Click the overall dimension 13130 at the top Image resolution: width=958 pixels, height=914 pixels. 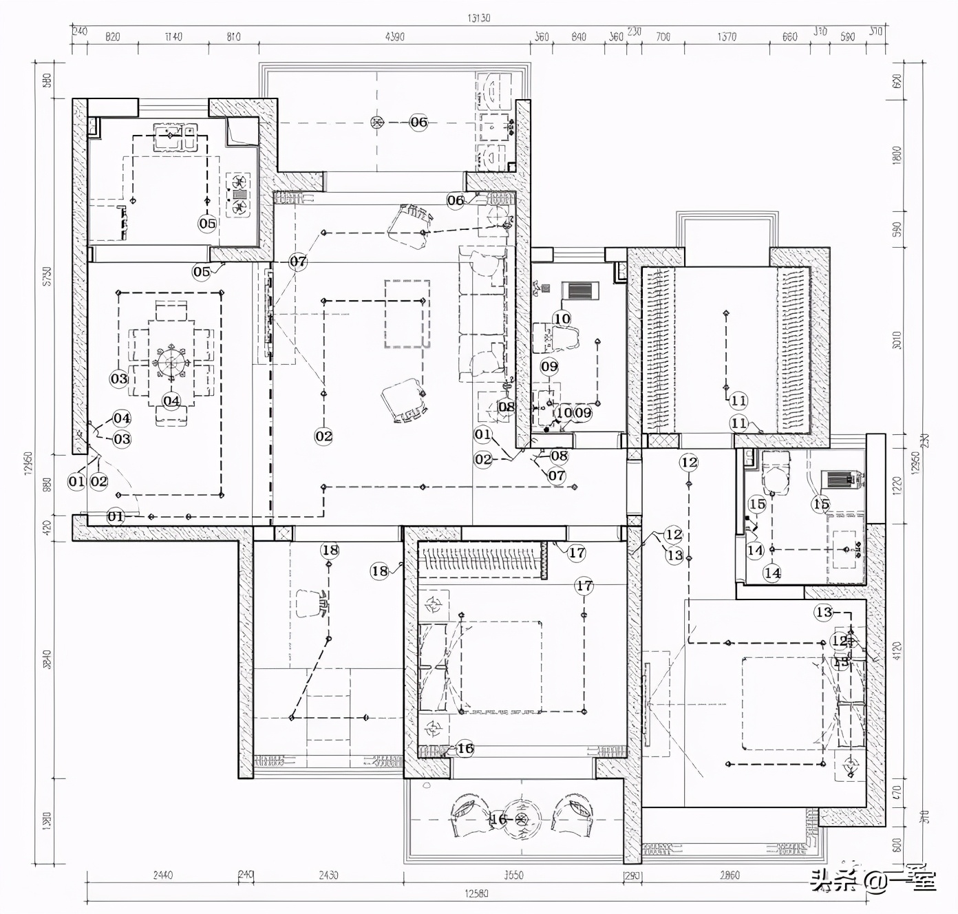coord(478,18)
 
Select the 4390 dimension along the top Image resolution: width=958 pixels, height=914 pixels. coord(394,36)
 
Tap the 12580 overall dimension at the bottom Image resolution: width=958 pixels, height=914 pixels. coord(476,893)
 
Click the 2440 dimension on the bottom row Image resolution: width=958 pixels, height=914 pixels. coord(162,875)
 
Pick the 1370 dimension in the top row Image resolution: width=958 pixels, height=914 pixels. coord(727,36)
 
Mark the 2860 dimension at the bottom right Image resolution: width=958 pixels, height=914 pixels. coord(729,875)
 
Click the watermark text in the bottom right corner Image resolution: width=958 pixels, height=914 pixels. coord(872,880)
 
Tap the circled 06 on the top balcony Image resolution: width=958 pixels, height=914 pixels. coord(418,123)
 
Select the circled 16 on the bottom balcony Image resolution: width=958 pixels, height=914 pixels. coord(498,819)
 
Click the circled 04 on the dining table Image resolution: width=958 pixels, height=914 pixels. coord(171,401)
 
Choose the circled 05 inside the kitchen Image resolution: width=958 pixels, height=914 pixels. coord(207,223)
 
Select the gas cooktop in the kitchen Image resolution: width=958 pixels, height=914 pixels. coord(239,195)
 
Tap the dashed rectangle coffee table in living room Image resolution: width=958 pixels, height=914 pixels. coord(407,314)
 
